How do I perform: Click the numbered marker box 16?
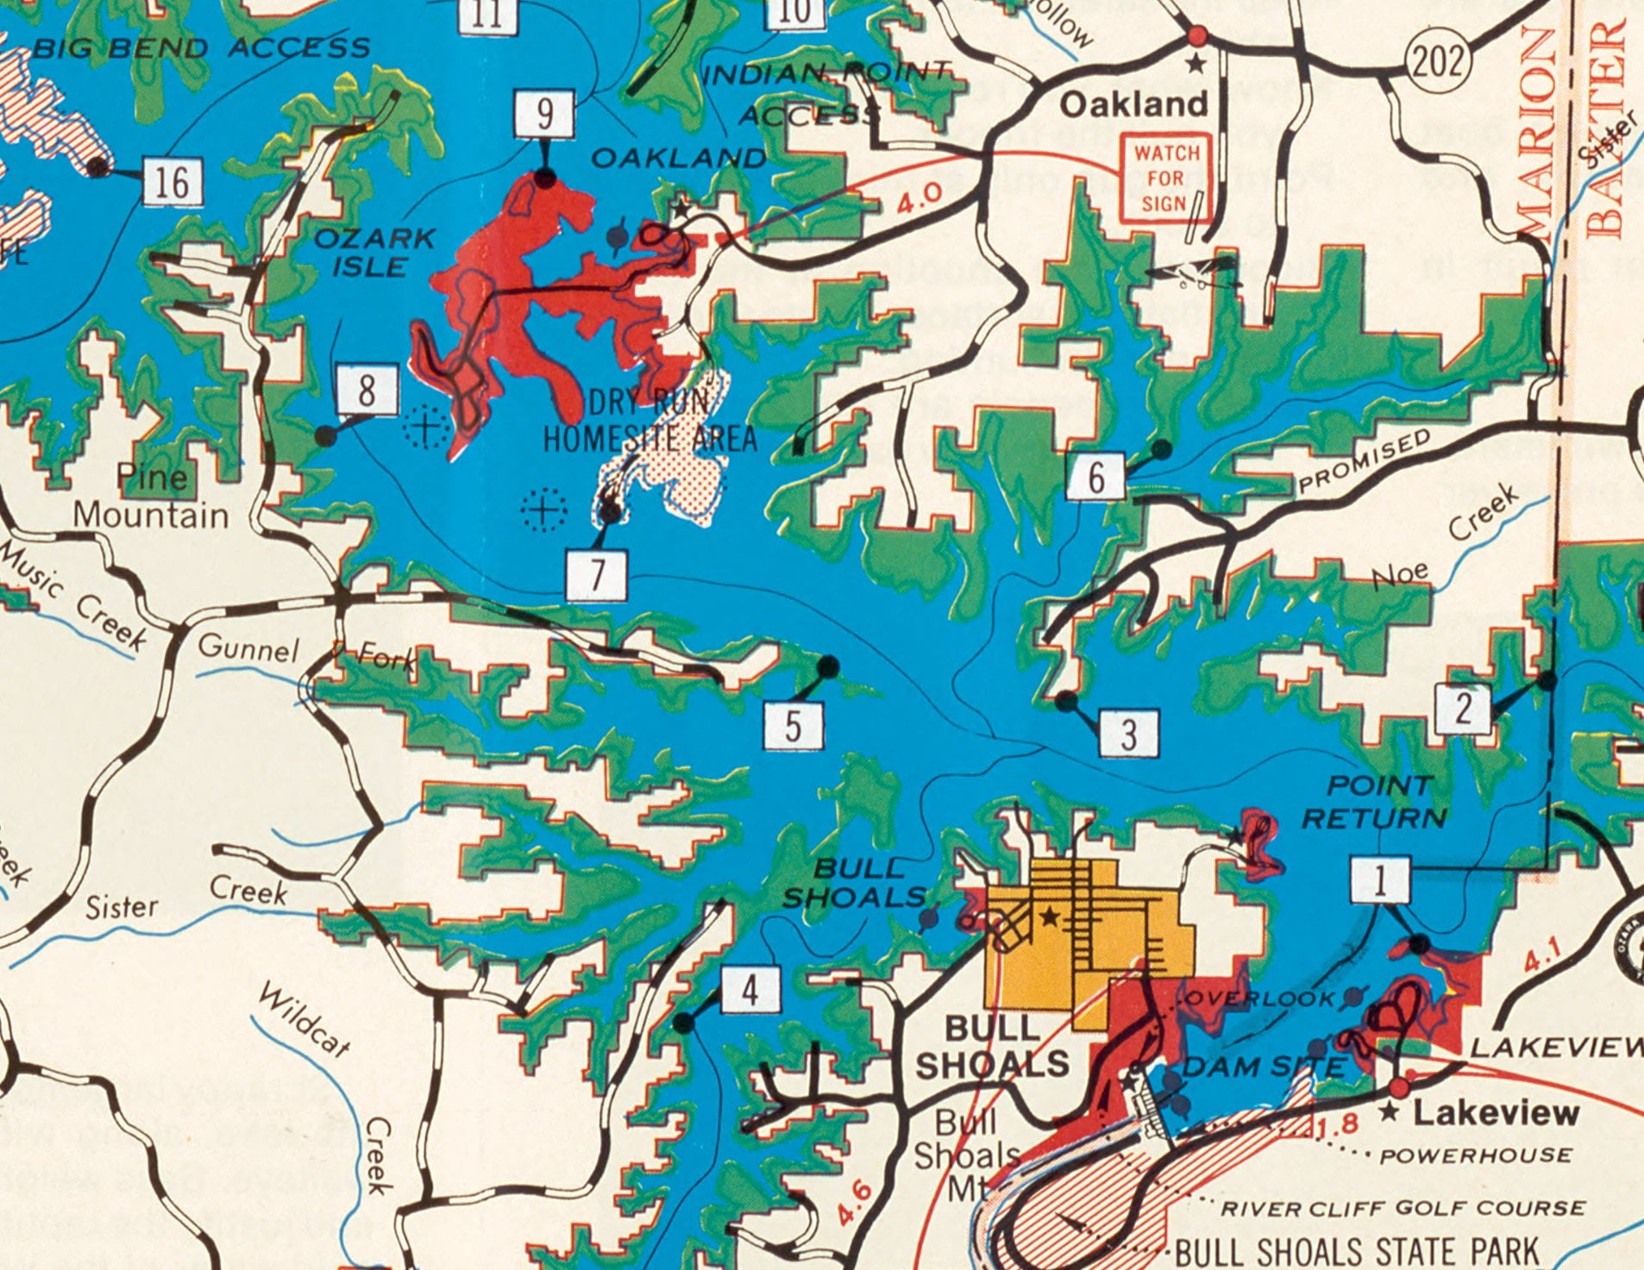[x=173, y=182]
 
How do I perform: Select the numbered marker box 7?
[x=596, y=574]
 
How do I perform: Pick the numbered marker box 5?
[x=793, y=724]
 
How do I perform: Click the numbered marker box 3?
[x=1128, y=735]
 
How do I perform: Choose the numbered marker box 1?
[x=1380, y=881]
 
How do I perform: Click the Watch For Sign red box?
[x=1165, y=178]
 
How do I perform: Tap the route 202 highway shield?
[x=1438, y=62]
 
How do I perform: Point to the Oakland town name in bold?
[x=1133, y=104]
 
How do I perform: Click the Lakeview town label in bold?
[x=1496, y=1112]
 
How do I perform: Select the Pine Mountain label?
[x=151, y=497]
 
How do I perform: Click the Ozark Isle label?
[x=373, y=252]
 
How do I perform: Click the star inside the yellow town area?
[x=1049, y=917]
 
